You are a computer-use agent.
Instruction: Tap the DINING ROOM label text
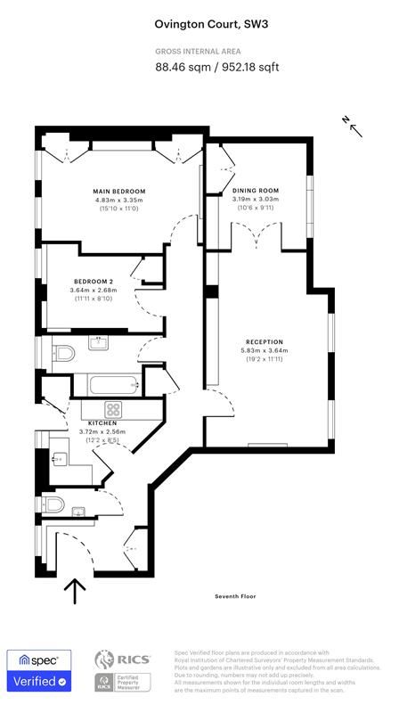tap(256, 191)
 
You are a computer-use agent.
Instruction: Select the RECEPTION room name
tap(265, 341)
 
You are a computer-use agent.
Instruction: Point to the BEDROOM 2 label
tap(94, 281)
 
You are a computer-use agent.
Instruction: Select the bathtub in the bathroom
tap(110, 385)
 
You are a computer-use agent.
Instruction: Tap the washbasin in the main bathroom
tap(97, 343)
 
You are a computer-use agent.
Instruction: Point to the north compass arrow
tap(354, 127)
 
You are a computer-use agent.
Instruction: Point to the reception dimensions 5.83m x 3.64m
tap(265, 350)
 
